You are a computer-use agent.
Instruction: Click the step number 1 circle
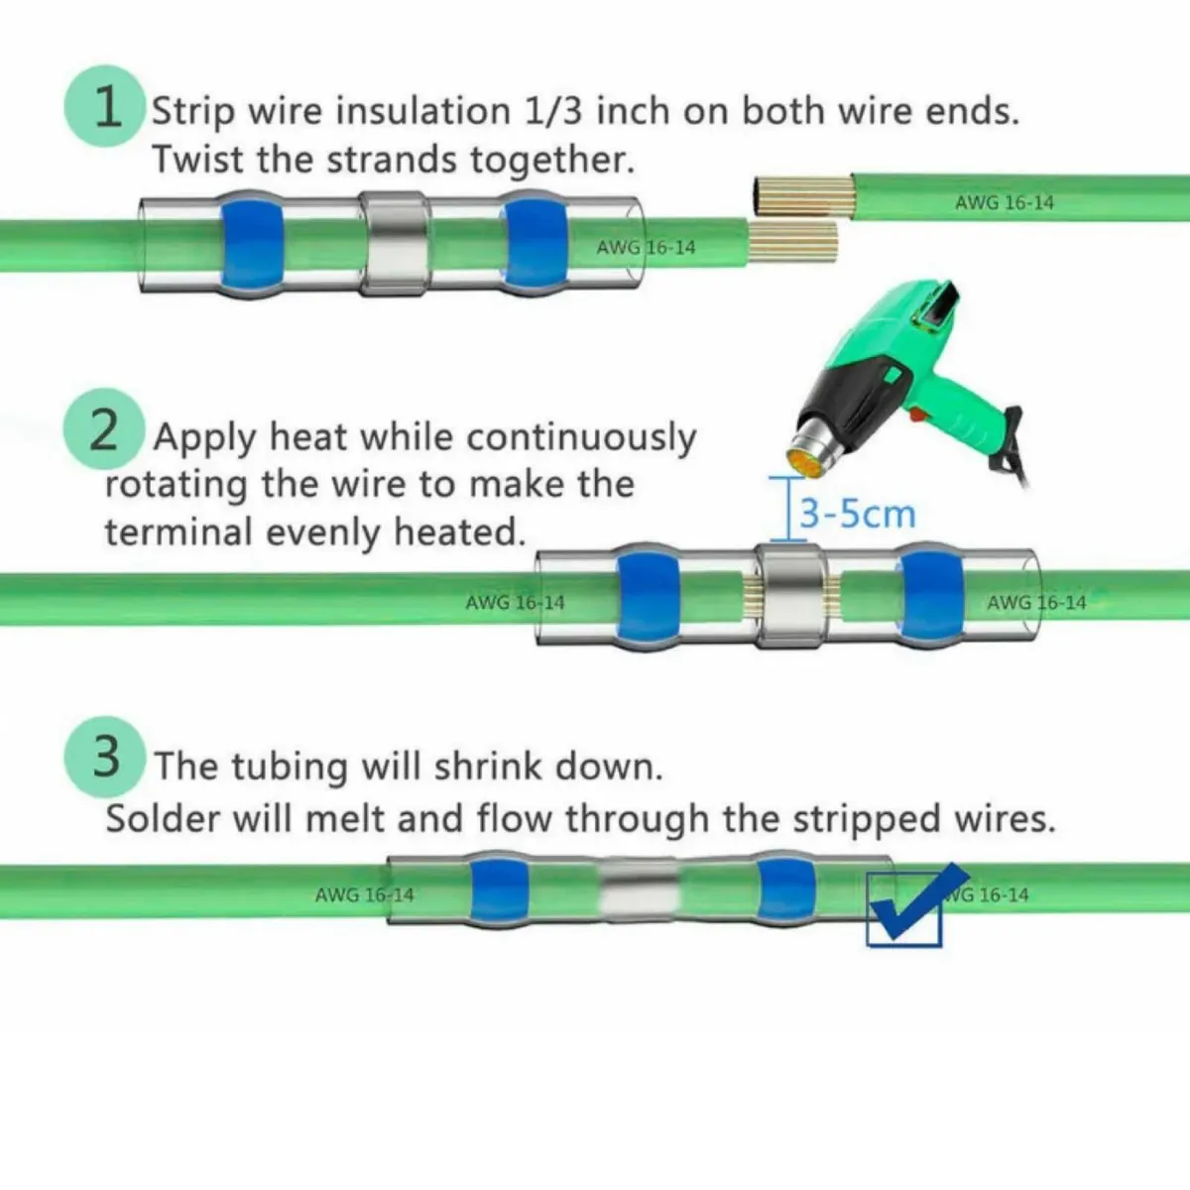click(105, 106)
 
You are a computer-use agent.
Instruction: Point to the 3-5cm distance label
click(857, 514)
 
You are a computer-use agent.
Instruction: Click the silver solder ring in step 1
click(394, 244)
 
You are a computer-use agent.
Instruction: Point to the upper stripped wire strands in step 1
click(802, 195)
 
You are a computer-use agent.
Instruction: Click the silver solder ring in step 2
click(790, 597)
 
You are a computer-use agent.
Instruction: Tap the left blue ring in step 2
click(649, 597)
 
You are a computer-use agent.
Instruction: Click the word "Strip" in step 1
click(192, 111)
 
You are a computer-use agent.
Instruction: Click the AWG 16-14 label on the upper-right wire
click(1004, 202)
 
